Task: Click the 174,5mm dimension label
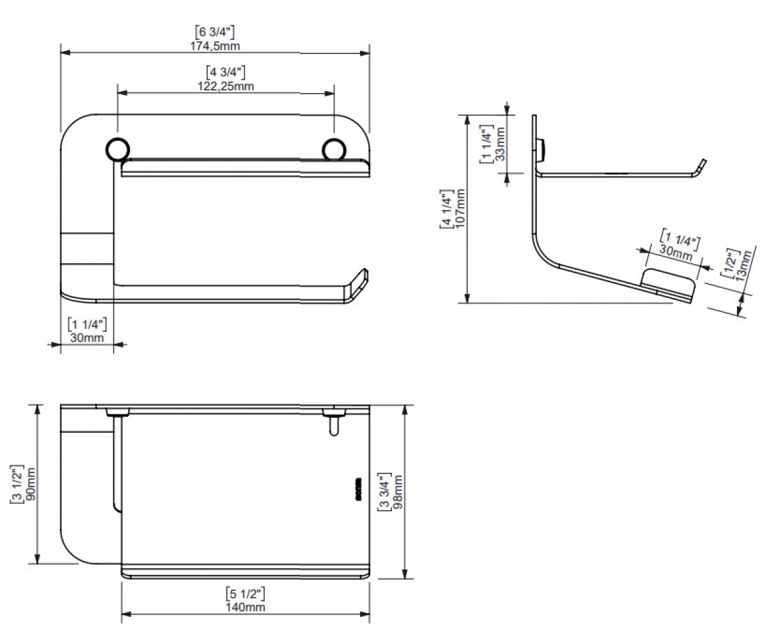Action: pos(215,46)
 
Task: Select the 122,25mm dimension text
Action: pos(226,86)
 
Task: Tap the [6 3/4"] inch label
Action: pos(215,33)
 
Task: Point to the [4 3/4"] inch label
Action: pos(225,72)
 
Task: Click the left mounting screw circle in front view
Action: pos(117,149)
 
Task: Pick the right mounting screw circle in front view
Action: pos(334,149)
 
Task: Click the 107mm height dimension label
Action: pos(460,208)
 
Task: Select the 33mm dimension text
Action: pos(500,144)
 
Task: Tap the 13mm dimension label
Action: pos(744,265)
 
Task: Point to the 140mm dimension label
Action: pos(245,607)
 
